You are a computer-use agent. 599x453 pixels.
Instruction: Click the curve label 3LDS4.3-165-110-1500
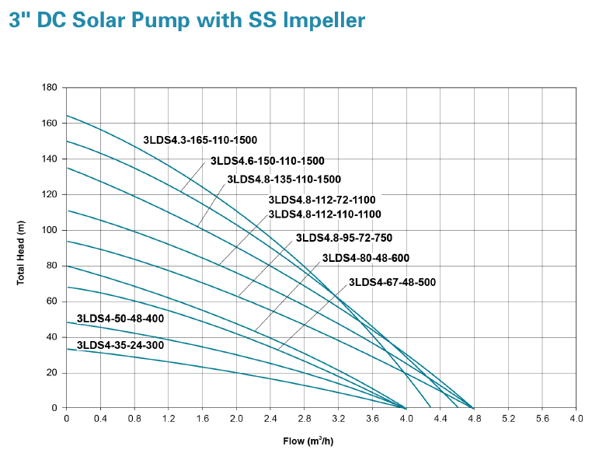pos(200,141)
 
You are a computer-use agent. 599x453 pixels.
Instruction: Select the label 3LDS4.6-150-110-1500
pos(267,161)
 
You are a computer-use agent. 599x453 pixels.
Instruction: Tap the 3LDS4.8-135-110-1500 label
pos(284,179)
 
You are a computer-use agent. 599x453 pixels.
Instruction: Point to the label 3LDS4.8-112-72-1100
pos(322,200)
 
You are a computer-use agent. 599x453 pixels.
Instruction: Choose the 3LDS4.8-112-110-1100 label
pos(325,214)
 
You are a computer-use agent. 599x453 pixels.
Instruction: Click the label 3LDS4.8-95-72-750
pos(349,238)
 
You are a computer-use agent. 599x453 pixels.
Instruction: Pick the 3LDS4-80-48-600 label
pos(365,258)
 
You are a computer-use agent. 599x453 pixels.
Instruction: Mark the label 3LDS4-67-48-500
pos(392,282)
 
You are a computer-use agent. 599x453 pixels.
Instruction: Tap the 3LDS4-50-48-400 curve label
pos(120,319)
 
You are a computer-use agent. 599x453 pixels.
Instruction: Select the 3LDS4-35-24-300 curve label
pos(120,345)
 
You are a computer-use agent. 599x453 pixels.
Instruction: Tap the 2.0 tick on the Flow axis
pos(236,419)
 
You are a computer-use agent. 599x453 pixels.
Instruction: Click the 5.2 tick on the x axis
pos(508,419)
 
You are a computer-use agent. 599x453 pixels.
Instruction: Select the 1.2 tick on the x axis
pos(168,419)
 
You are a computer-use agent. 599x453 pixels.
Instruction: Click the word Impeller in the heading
pos(321,21)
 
